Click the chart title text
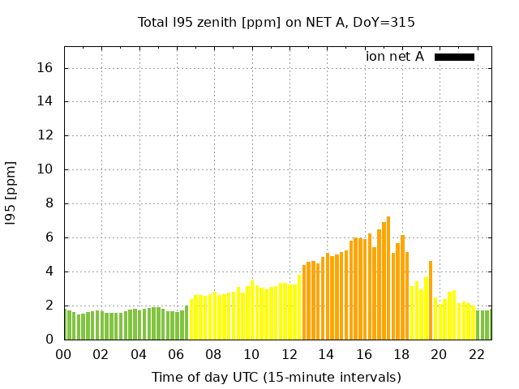coord(277,22)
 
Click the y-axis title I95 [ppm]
coord(11,193)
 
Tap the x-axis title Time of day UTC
coord(277,377)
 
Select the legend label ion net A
coord(395,57)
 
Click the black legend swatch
coord(454,57)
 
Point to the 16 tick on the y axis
coord(45,68)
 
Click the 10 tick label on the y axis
coord(45,170)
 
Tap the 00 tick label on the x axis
coord(64,354)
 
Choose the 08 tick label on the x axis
coord(213,354)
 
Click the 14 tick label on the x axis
coord(326,354)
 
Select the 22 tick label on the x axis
coord(475,354)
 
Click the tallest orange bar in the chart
coord(388,278)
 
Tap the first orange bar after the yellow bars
coord(304,302)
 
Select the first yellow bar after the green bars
coord(191,319)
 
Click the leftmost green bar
coord(66,324)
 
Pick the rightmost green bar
coord(489,325)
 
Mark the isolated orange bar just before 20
coord(431,300)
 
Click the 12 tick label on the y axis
coord(45,136)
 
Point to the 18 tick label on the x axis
coord(401,354)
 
